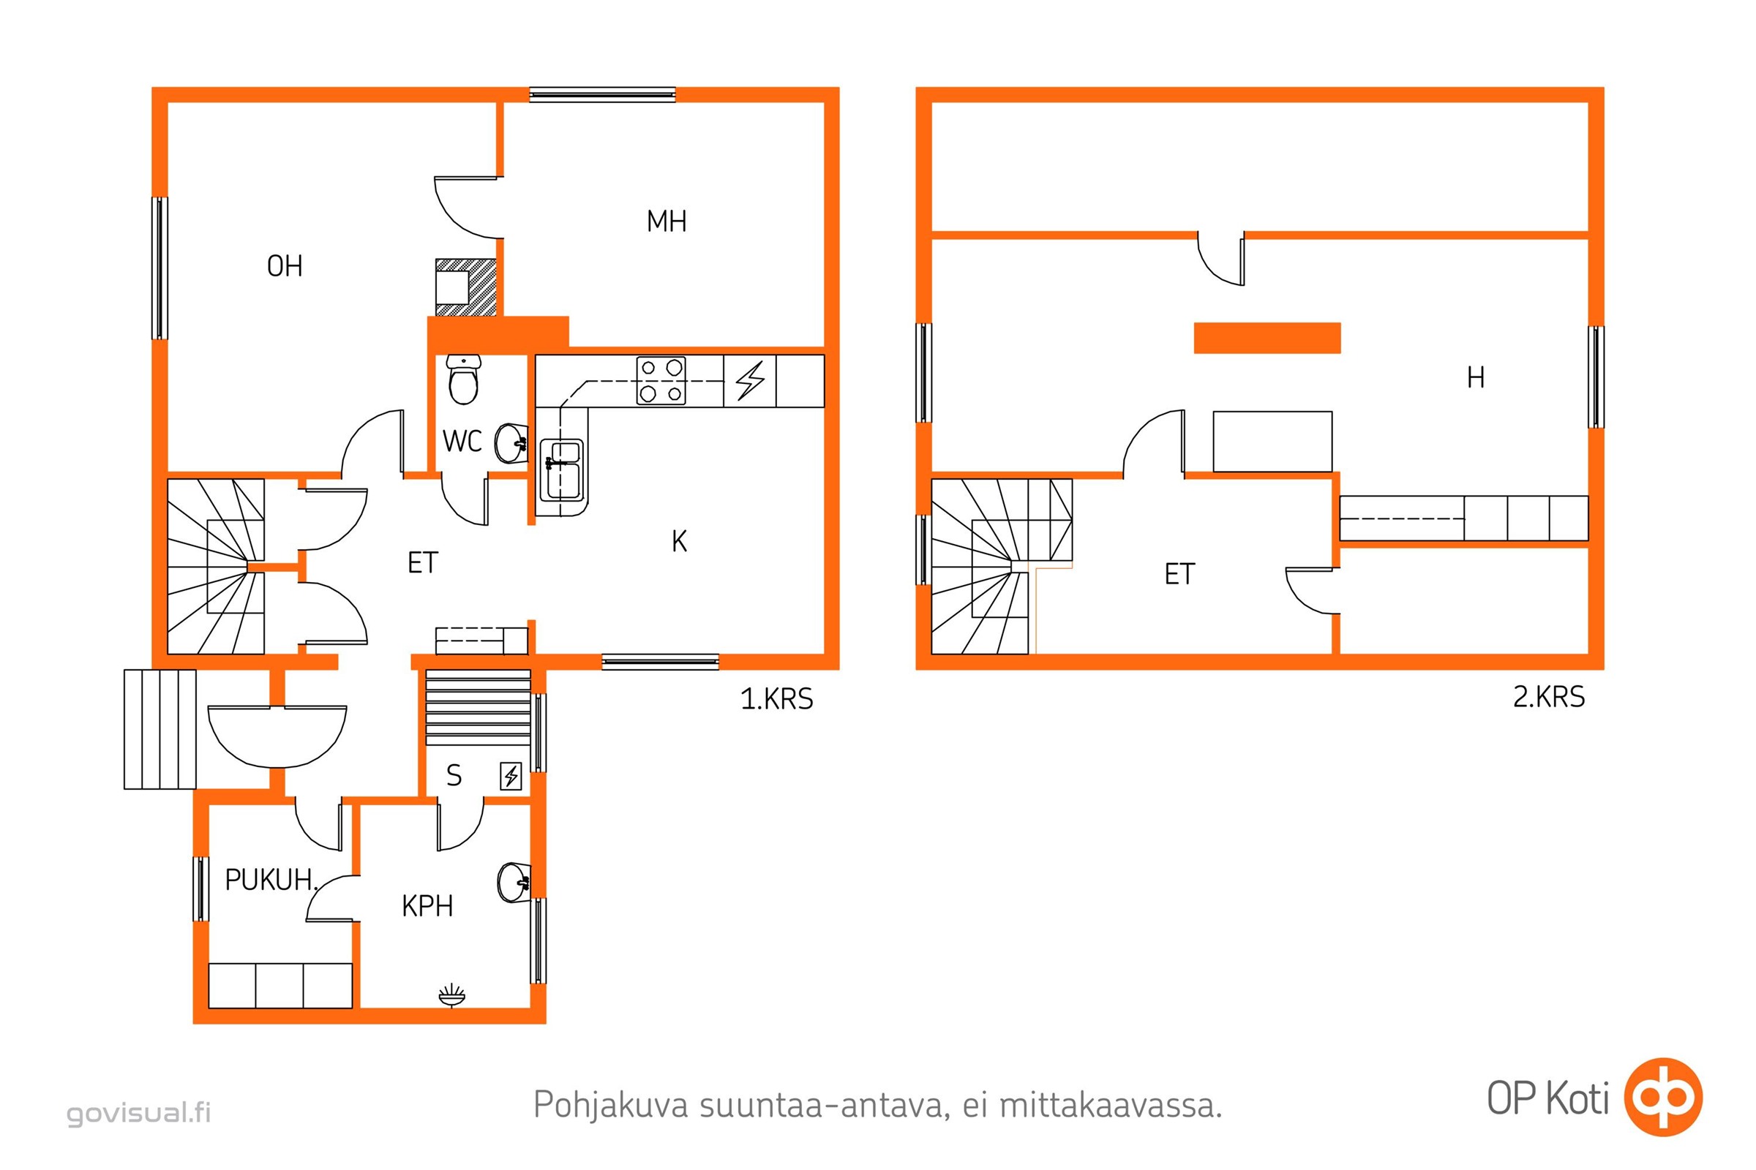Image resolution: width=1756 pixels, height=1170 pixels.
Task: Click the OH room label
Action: tap(285, 266)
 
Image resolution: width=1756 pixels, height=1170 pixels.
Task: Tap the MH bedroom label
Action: tap(667, 222)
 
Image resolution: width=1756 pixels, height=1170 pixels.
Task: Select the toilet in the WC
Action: tap(464, 380)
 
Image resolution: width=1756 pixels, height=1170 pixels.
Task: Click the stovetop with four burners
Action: tap(661, 380)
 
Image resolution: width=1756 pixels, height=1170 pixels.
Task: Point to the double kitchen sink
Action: tap(563, 470)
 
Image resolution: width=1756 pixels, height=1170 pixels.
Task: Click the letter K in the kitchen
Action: tap(679, 542)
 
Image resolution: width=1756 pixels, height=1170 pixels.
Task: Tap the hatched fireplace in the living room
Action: tap(466, 287)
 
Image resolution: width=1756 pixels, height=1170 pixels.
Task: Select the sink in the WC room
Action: tap(511, 443)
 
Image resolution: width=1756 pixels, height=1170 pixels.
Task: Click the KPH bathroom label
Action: tap(428, 906)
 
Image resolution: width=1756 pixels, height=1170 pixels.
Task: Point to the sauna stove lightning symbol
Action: tap(511, 777)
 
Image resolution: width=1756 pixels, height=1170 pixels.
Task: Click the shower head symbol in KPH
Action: tap(451, 995)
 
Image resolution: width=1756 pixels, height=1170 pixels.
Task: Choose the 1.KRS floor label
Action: tap(776, 699)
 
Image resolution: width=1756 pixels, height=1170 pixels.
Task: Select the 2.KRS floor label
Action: tap(1548, 697)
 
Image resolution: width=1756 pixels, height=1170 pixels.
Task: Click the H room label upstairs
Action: tap(1476, 377)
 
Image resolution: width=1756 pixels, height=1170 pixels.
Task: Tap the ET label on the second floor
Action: tap(1179, 574)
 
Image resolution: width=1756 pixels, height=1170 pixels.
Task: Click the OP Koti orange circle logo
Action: tap(1663, 1097)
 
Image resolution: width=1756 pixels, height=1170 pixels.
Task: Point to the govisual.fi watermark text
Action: tap(139, 1112)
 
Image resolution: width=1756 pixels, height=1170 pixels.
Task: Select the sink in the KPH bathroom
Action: tap(514, 883)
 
